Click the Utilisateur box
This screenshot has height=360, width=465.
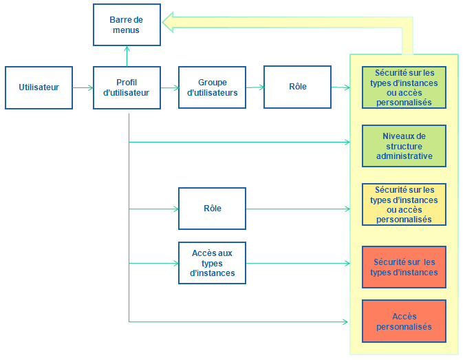pos(39,87)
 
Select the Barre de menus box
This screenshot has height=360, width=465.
pos(127,25)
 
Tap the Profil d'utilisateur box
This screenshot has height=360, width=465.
pos(127,87)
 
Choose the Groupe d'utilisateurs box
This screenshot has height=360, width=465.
pos(212,87)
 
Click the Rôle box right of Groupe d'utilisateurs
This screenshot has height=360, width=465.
pos(297,87)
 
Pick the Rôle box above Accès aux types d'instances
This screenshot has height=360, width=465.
pos(212,209)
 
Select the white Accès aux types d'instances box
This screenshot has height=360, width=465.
pos(212,263)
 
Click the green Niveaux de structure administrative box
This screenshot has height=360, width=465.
pos(404,146)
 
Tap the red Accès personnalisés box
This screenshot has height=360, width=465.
pos(404,321)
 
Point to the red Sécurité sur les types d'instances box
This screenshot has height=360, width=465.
pos(404,267)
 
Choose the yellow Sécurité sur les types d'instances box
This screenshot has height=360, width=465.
pos(404,204)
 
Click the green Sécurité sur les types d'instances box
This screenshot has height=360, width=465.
pos(404,87)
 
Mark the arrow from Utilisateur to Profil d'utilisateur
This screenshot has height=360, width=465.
pos(83,87)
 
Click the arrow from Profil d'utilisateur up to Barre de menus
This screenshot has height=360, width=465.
pos(127,56)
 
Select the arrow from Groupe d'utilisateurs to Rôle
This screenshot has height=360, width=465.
pos(255,87)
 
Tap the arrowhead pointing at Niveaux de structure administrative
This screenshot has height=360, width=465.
pos(347,142)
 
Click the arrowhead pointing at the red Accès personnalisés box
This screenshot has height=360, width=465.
pos(347,321)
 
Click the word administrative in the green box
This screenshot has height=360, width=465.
pos(404,156)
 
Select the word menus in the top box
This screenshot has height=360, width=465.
pos(127,30)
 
